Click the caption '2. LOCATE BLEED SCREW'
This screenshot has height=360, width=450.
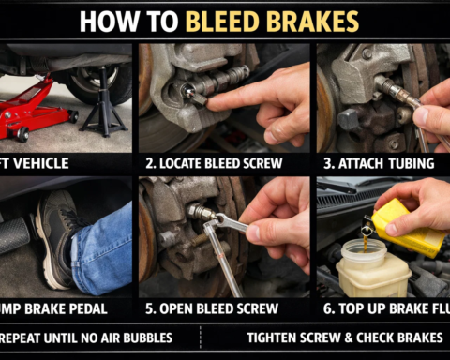click(x=225, y=162)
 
